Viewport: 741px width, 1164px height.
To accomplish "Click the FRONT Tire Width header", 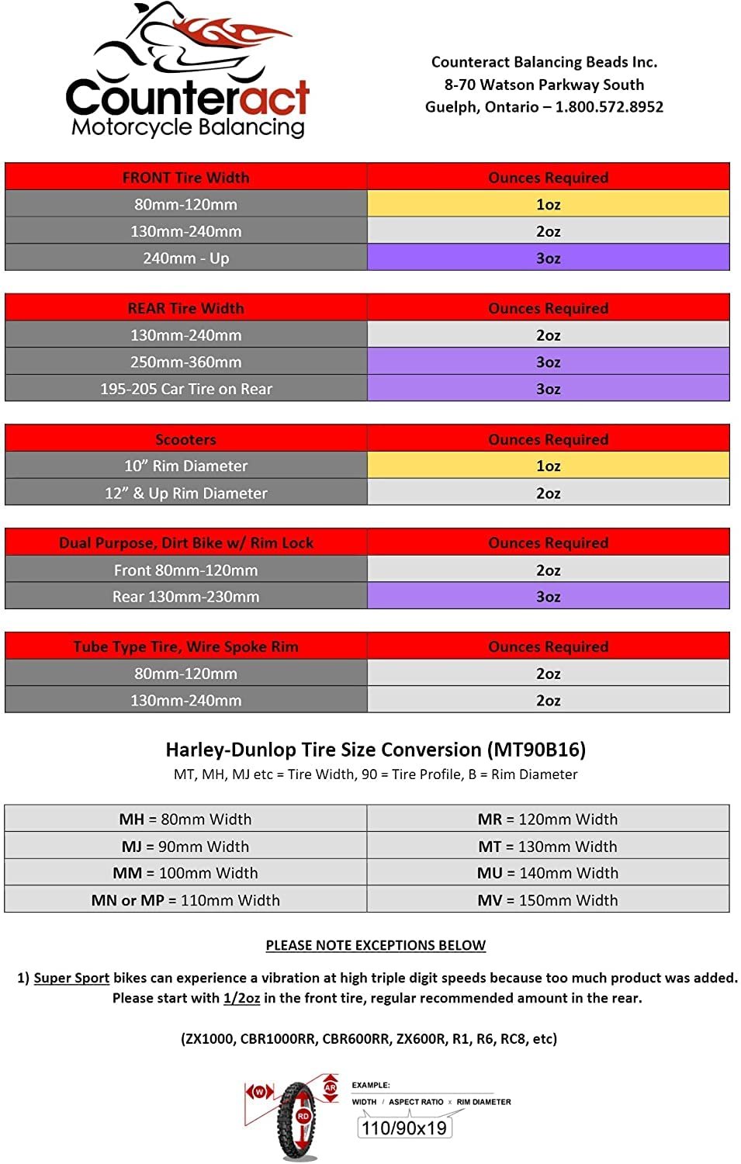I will point(186,178).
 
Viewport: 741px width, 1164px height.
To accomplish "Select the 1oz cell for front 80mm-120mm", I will point(548,204).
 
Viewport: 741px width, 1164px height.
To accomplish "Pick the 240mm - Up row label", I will point(186,258).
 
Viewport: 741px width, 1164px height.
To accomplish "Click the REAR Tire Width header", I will point(186,308).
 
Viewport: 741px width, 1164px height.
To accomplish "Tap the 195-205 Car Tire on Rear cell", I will point(186,389).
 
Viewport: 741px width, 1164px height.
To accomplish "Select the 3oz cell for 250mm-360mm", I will point(548,362).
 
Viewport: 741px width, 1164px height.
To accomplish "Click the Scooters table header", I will point(186,439).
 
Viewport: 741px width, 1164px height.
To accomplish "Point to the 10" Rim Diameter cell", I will point(186,466).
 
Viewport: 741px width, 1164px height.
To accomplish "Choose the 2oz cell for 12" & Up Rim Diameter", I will point(548,494).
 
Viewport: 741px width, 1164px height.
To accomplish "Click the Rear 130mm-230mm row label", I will point(186,597).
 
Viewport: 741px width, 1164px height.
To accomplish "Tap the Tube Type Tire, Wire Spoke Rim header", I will point(186,646).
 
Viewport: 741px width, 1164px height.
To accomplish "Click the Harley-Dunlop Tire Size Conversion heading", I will point(376,750).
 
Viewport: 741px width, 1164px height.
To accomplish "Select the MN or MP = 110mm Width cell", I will point(186,900).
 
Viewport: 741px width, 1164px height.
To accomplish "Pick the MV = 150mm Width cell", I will point(548,900).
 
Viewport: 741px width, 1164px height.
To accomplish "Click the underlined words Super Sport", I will point(71,978).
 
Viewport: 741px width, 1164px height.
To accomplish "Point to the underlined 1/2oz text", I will point(241,998).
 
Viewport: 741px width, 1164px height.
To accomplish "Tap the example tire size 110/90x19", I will point(404,1128).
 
